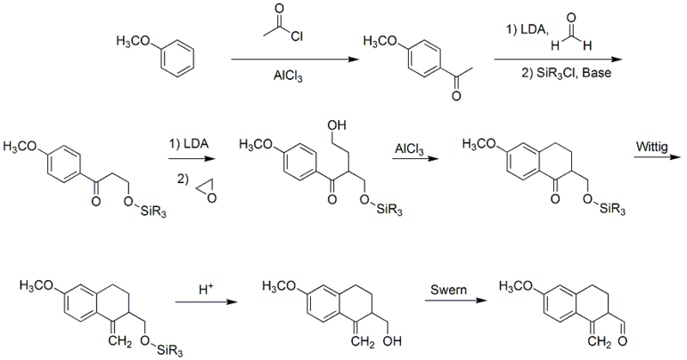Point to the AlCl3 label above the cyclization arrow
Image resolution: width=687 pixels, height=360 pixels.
[x=408, y=149]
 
